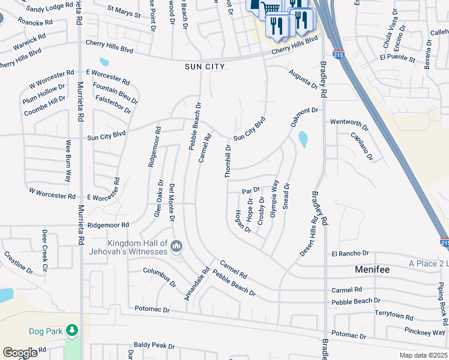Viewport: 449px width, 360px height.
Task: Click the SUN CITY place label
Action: (x=205, y=67)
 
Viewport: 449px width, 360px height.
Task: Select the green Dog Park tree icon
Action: (x=71, y=331)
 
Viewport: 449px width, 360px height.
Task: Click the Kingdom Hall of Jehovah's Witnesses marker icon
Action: (x=176, y=247)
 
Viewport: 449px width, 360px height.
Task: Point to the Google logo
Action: (x=20, y=353)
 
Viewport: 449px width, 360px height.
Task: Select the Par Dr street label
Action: (x=251, y=191)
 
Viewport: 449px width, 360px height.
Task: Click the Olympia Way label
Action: (x=274, y=198)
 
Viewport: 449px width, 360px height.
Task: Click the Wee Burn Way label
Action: (x=69, y=161)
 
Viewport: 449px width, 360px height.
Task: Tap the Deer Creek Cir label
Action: (x=44, y=245)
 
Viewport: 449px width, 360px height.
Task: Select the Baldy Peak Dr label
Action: (x=154, y=346)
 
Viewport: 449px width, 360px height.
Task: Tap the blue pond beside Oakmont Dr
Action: (x=303, y=139)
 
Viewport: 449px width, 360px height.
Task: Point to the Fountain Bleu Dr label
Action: (x=116, y=91)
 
